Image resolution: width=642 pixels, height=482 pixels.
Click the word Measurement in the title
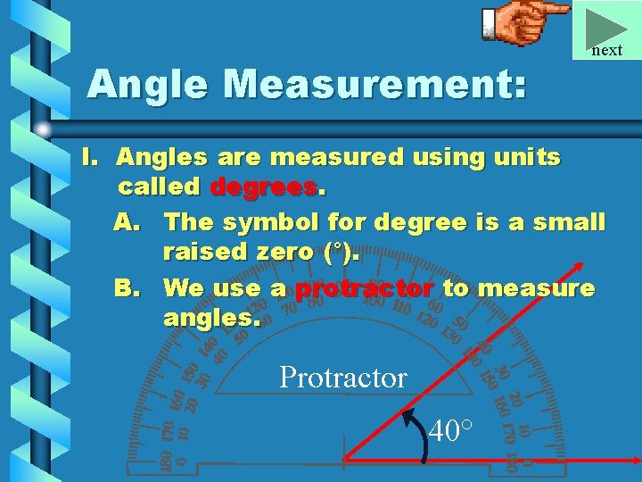(x=375, y=85)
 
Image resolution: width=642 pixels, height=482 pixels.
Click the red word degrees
(x=263, y=187)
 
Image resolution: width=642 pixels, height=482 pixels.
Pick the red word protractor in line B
(x=365, y=288)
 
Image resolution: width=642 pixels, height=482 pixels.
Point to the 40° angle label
(x=451, y=432)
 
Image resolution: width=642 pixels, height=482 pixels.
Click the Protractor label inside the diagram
(x=342, y=378)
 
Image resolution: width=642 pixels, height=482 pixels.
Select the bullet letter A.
(x=127, y=220)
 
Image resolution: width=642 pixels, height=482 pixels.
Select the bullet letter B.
(x=127, y=288)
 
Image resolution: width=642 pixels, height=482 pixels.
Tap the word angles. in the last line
(x=212, y=318)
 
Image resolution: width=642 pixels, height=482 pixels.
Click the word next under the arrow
(x=606, y=50)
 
